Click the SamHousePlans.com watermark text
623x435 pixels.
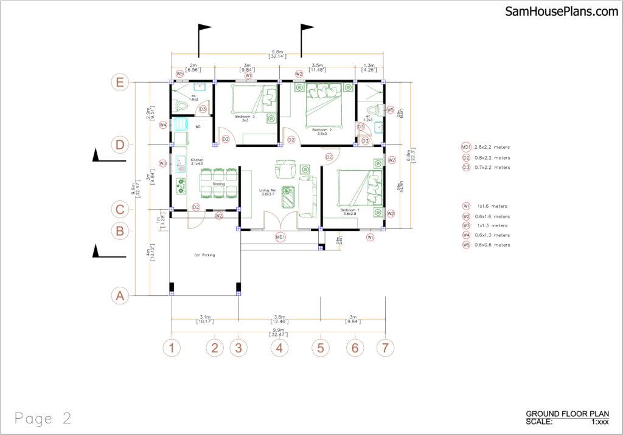coord(561,12)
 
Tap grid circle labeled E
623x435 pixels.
coord(120,83)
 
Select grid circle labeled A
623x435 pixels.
coord(120,296)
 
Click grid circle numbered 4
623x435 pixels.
coord(279,348)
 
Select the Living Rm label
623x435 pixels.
coord(268,192)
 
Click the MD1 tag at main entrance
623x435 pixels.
coord(280,237)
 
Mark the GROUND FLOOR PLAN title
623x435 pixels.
coord(563,413)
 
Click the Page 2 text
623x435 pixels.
coord(43,418)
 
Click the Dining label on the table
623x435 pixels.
coord(218,183)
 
